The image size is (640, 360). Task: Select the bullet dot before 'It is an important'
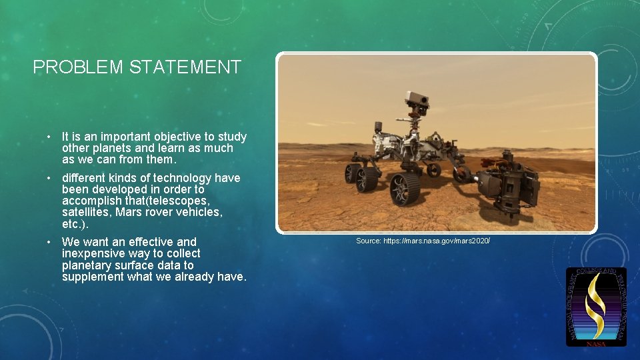click(50, 137)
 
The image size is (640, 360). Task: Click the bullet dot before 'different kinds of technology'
click(50, 178)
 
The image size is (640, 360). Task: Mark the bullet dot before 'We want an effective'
click(50, 242)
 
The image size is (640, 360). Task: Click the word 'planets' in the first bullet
click(113, 148)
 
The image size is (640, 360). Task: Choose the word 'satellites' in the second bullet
click(87, 212)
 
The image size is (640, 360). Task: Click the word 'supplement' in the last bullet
click(94, 277)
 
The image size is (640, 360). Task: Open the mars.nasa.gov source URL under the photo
click(437, 240)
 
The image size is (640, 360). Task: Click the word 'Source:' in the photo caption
click(369, 240)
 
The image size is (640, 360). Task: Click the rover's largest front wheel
click(405, 189)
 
